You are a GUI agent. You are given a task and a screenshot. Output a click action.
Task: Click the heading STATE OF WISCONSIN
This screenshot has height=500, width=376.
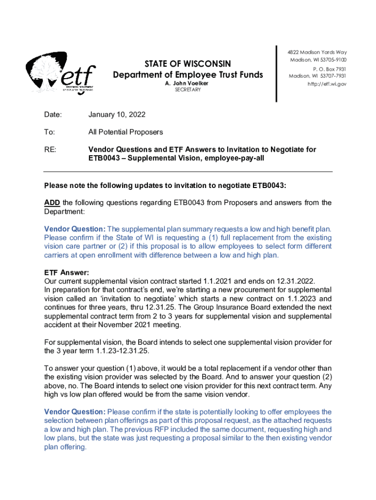coord(188,64)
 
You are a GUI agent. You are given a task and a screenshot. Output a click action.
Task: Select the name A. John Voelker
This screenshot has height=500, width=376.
coord(188,83)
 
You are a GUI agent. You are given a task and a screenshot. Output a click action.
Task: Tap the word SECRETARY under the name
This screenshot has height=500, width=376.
coord(188,90)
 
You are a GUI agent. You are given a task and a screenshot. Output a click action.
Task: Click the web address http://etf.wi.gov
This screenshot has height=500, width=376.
coord(327,84)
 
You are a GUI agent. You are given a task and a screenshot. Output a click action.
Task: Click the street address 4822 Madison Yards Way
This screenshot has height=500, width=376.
coord(317,53)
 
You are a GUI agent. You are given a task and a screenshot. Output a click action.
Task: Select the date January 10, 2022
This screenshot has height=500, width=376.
coord(117,115)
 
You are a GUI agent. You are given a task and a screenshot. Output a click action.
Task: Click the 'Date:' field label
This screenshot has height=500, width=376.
coord(53,115)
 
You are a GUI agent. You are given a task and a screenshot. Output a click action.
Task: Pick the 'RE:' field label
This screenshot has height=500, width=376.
coord(51,149)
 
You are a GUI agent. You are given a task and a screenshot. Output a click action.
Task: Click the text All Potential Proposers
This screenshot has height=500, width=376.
coord(125,132)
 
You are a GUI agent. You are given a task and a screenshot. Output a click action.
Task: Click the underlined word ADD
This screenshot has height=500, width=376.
coord(52,203)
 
